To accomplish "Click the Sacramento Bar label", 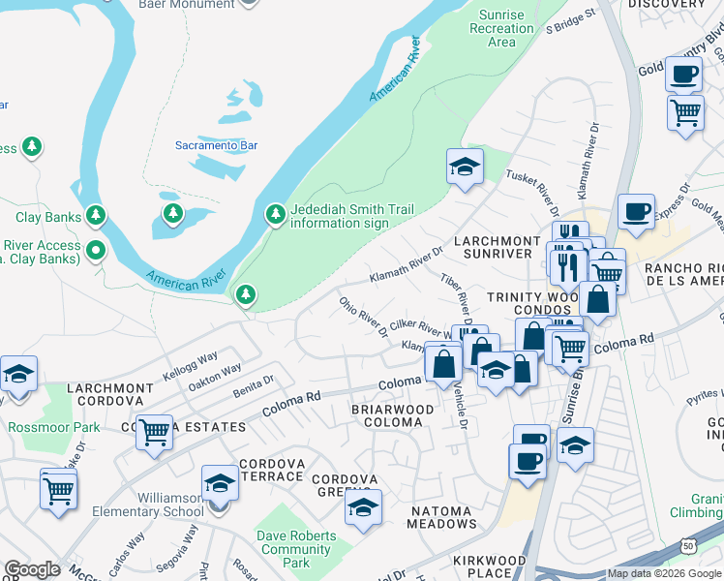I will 216,145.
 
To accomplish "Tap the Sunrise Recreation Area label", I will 501,28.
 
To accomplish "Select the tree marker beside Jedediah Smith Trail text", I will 275,212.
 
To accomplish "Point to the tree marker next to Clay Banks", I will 95,214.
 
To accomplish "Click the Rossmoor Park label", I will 53,426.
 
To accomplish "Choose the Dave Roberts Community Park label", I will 297,549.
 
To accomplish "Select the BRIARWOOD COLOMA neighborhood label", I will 392,416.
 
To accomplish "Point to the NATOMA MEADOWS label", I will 430,517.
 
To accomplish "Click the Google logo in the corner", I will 32,569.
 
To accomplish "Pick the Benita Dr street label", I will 255,385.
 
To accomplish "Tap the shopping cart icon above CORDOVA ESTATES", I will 154,432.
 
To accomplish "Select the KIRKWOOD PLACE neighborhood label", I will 489,566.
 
